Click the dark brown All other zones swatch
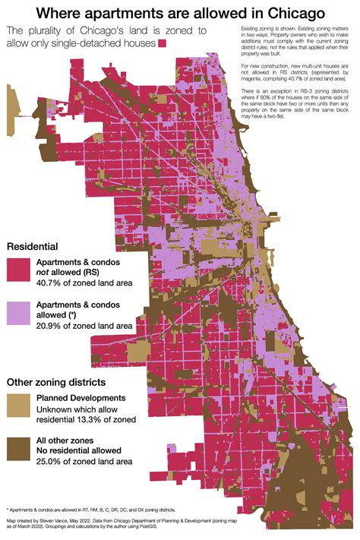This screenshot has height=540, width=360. point(19,449)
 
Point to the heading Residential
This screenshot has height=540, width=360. point(33,247)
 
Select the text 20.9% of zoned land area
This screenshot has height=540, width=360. point(84,326)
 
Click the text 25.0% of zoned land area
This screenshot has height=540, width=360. point(84,461)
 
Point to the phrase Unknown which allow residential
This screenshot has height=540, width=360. point(84,418)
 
